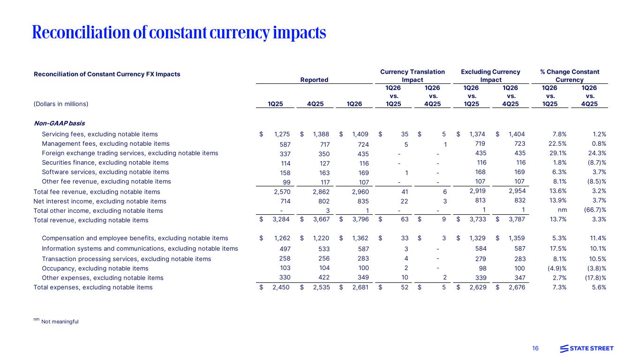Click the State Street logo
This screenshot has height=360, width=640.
point(587,348)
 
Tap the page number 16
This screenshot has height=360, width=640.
point(535,348)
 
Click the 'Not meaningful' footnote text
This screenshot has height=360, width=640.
point(60,322)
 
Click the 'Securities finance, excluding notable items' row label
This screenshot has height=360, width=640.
point(105,163)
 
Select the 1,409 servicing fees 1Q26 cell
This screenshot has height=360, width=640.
point(360,134)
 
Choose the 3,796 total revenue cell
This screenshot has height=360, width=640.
point(360,220)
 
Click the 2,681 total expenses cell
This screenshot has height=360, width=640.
point(360,287)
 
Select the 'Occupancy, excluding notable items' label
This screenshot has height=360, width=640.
point(95,268)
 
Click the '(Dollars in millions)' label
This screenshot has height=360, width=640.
point(61,104)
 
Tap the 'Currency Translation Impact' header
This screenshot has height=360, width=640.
point(412,76)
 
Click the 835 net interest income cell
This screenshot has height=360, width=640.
point(362,201)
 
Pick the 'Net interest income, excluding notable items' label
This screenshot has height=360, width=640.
point(100,201)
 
